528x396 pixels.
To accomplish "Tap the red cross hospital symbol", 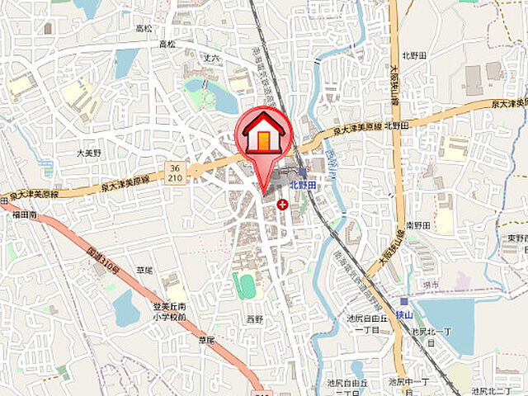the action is point(283,203).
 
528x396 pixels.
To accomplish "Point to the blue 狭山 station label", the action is point(401,314).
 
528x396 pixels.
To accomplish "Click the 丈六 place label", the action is point(211,59).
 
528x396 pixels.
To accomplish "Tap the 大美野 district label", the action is point(88,153).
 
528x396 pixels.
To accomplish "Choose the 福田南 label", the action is point(25,214).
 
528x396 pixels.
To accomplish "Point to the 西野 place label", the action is point(255,317).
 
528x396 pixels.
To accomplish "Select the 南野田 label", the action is point(419,225).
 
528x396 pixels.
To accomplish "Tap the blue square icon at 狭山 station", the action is point(403,301).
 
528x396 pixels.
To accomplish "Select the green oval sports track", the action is point(246,285).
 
